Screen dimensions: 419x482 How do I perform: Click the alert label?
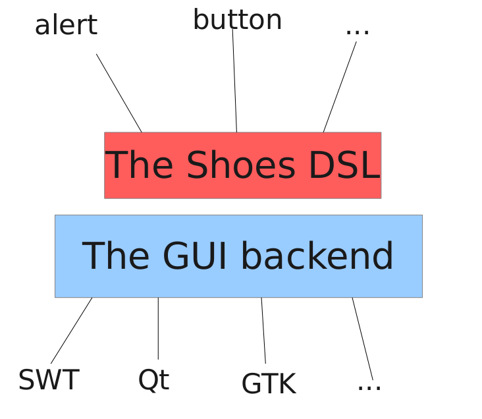pos(66,26)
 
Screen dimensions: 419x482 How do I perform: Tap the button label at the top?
pos(237,20)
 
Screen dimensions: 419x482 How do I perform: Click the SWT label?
pos(49,380)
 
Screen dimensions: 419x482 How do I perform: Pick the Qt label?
pos(153,380)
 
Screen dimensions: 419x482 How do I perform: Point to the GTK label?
pos(269,384)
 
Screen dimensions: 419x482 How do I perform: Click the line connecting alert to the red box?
pos(119,93)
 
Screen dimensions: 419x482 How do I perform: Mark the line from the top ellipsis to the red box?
pos(340,87)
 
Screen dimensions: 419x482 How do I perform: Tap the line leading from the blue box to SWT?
pos(72,330)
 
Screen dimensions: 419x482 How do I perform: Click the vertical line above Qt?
pos(158,328)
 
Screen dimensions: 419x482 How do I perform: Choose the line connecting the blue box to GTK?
pos(263,330)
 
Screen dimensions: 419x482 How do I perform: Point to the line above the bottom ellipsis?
pos(362,339)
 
